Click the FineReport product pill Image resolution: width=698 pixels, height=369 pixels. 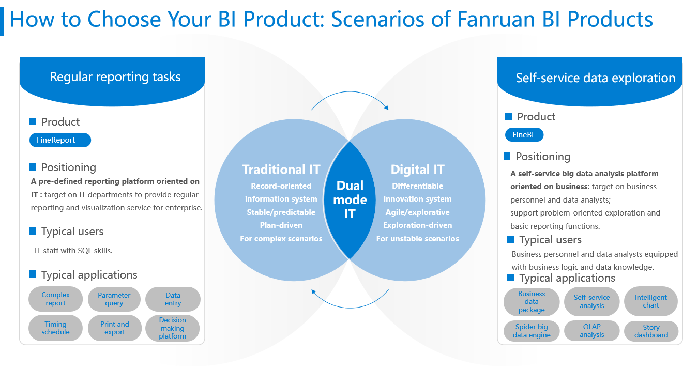tap(60, 140)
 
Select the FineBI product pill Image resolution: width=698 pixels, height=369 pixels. tap(524, 135)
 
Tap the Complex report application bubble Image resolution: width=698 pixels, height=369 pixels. tap(55, 299)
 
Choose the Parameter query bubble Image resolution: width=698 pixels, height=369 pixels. tap(114, 299)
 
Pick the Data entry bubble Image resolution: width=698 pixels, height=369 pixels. tap(173, 299)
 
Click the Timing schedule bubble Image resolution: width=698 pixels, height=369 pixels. tap(55, 328)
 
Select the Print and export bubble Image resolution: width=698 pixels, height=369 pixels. tap(115, 328)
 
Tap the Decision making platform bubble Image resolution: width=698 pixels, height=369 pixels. tap(173, 328)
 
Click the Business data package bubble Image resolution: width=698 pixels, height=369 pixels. tap(532, 302)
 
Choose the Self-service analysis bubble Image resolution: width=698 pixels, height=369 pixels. tap(591, 301)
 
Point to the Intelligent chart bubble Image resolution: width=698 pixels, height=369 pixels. tap(651, 301)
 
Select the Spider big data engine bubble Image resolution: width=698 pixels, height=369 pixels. tap(532, 331)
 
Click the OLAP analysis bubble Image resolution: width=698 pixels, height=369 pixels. tap(591, 331)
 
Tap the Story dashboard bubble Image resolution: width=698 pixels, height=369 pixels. tap(651, 331)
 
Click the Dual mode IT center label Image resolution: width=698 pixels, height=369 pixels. tap(350, 199)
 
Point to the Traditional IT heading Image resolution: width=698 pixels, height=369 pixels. tap(281, 170)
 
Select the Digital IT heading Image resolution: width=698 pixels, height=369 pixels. tap(418, 170)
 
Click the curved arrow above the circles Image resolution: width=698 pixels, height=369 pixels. tap(350, 91)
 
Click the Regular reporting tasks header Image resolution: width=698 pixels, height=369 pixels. tap(115, 77)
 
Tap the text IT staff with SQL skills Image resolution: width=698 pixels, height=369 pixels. tap(73, 251)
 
